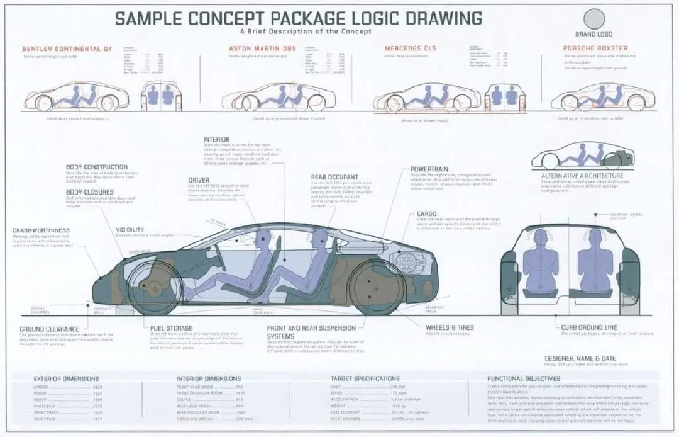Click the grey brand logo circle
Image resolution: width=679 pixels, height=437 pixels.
tap(593, 19)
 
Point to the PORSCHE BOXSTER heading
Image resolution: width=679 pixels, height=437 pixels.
tap(595, 48)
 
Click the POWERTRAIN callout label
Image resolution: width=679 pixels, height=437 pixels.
tap(429, 169)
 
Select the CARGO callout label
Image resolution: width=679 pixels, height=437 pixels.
tap(426, 214)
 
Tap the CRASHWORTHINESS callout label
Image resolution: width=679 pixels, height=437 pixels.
tap(41, 230)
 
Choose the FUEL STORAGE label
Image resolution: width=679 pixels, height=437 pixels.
tap(172, 328)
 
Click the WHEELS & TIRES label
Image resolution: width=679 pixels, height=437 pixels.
tap(450, 328)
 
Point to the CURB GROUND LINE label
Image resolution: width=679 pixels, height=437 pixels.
tap(589, 328)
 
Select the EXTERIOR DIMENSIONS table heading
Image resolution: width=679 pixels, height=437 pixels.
tap(66, 378)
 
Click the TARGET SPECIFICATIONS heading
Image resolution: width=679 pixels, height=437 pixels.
tap(365, 378)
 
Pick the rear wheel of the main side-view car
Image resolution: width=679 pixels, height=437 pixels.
tap(377, 287)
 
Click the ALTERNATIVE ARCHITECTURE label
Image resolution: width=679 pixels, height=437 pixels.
tap(582, 176)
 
